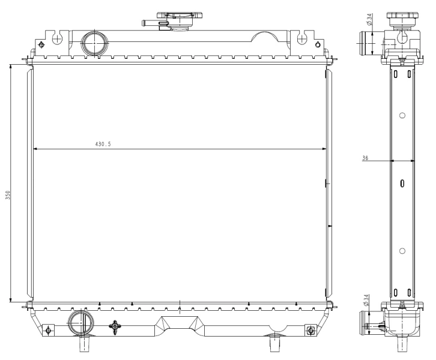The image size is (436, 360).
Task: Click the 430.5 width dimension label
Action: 103,144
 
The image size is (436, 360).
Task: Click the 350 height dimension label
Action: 8,195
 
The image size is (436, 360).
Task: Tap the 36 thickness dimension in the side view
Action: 365,158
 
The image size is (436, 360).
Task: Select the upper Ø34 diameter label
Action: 369,19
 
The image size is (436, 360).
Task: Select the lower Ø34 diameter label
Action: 366,300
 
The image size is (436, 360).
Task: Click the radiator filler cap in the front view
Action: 180,20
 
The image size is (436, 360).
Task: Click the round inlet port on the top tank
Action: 94,43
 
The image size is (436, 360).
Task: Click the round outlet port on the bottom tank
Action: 81,323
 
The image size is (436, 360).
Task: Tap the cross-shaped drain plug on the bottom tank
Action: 115,326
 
